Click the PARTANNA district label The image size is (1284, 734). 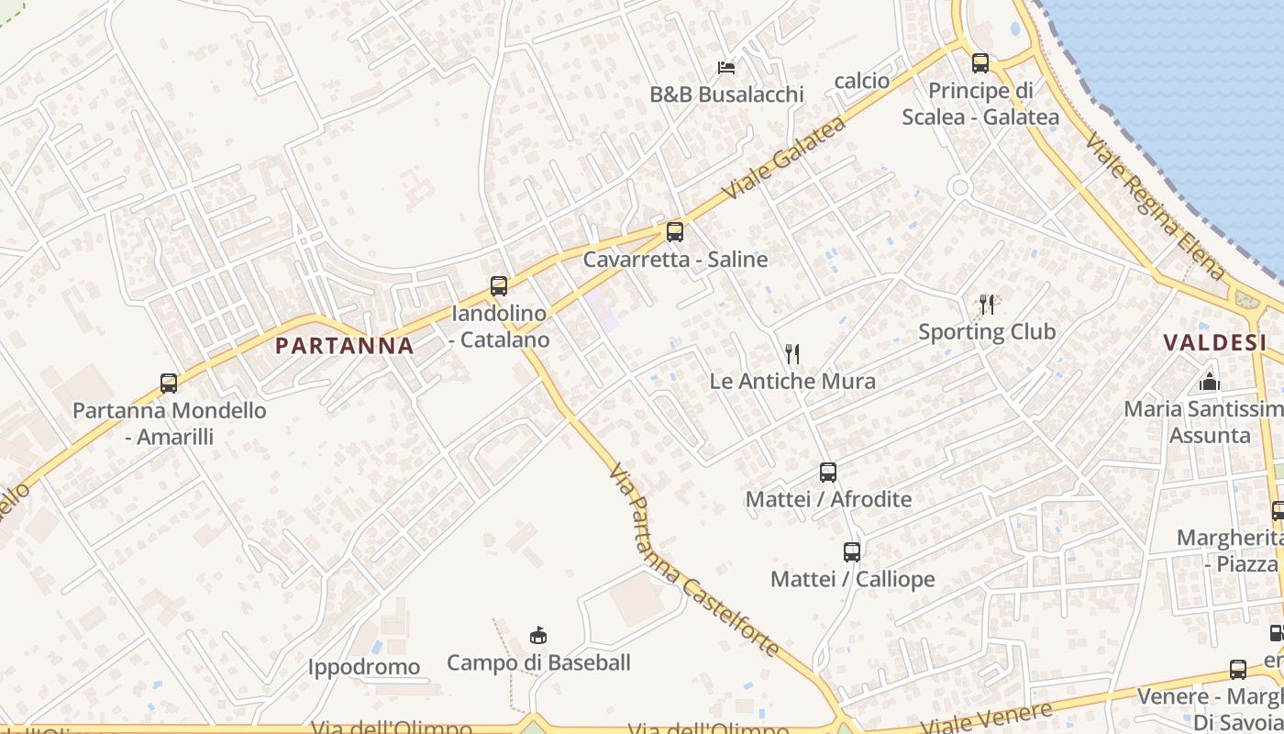[x=345, y=346]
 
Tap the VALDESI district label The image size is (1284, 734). [x=1214, y=343]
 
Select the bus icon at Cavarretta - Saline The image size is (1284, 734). [x=675, y=232]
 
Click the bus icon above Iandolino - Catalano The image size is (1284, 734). [x=499, y=286]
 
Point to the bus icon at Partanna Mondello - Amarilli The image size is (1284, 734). [x=169, y=384]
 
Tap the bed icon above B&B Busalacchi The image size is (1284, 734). [x=726, y=68]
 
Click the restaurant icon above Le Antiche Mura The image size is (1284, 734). [x=792, y=353]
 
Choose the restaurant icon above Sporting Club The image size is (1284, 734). [x=987, y=304]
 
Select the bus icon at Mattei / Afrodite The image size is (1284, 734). [x=828, y=473]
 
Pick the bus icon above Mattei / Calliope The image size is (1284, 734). [x=852, y=552]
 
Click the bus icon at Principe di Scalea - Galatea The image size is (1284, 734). [x=980, y=63]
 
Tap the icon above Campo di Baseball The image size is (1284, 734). [x=538, y=635]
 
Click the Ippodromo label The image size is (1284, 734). [x=364, y=667]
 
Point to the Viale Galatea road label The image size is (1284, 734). [x=783, y=158]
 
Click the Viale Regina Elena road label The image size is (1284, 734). [x=1156, y=207]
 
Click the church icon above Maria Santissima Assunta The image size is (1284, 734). [x=1210, y=382]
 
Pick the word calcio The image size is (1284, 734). [x=862, y=81]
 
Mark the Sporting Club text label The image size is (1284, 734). [x=987, y=331]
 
